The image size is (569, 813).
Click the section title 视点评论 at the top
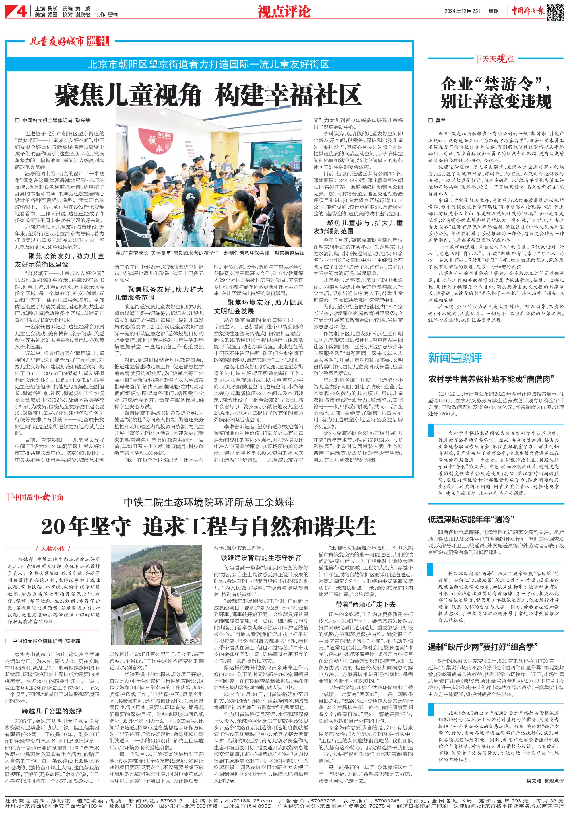[284, 11]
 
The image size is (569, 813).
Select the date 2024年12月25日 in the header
[464, 11]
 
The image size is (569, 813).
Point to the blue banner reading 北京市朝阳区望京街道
[209, 64]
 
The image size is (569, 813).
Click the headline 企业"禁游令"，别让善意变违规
[496, 93]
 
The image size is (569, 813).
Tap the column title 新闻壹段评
[455, 358]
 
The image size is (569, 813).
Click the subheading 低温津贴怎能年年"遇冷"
[471, 519]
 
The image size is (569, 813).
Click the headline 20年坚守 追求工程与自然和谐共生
[208, 526]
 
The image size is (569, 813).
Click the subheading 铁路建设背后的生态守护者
[261, 558]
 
